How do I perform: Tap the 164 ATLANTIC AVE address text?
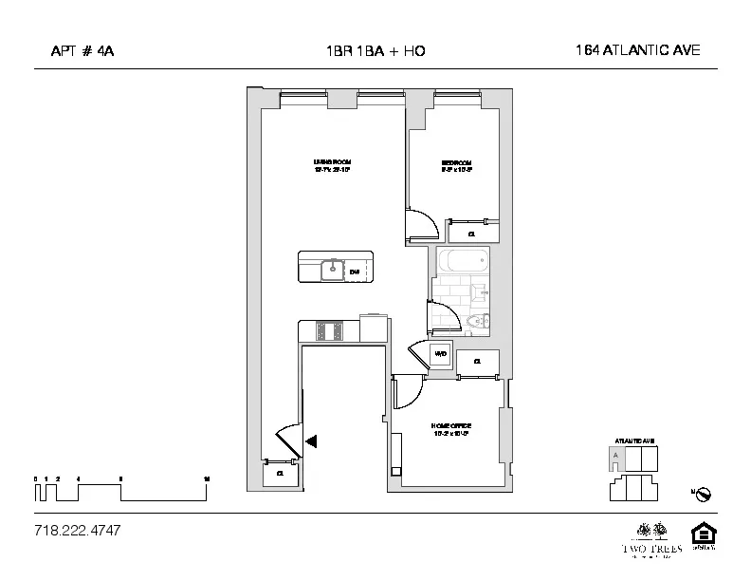(637, 50)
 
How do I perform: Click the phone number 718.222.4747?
(77, 530)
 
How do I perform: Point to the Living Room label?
(332, 166)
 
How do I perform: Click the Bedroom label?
(455, 166)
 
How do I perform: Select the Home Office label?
(451, 429)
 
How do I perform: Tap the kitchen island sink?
(332, 271)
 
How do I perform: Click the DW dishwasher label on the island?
(355, 272)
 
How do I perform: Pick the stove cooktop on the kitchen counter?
(330, 330)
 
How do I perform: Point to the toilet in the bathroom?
(476, 326)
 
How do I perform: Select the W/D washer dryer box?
(441, 355)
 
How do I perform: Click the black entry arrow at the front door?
(311, 440)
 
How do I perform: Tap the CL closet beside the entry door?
(281, 473)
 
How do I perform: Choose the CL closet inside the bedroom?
(473, 232)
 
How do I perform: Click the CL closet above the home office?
(478, 362)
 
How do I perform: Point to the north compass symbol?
(704, 494)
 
